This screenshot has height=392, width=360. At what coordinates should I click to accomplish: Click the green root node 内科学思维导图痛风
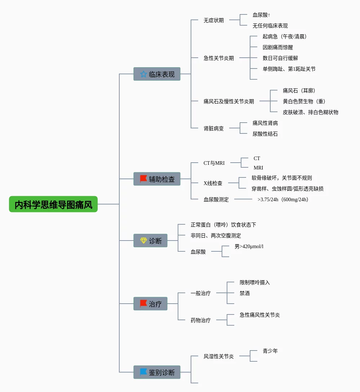(53, 204)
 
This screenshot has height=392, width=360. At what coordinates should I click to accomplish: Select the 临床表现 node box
(157, 74)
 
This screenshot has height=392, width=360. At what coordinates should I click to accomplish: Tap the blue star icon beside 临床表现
(143, 74)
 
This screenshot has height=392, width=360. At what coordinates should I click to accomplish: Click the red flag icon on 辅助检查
(143, 179)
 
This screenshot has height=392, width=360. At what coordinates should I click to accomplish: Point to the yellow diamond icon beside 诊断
(143, 241)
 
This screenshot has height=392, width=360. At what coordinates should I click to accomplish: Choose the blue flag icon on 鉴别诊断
(143, 372)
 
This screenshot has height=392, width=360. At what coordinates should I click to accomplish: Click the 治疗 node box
(150, 304)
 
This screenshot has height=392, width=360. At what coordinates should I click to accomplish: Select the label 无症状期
(213, 20)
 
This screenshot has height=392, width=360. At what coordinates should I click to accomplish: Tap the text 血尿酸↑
(261, 15)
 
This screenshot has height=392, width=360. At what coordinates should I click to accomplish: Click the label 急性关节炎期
(218, 58)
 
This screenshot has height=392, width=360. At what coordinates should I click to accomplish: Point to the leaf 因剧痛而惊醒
(277, 47)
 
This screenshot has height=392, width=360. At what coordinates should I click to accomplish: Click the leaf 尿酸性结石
(265, 134)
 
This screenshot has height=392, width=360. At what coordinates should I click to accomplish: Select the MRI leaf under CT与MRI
(258, 168)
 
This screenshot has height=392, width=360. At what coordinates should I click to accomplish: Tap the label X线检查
(213, 183)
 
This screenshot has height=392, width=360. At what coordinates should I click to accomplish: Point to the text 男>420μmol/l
(249, 246)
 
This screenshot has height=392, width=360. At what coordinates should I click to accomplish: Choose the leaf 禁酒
(244, 293)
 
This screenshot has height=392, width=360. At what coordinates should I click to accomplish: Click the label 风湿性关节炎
(218, 356)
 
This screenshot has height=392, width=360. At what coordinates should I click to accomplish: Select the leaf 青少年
(270, 351)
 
